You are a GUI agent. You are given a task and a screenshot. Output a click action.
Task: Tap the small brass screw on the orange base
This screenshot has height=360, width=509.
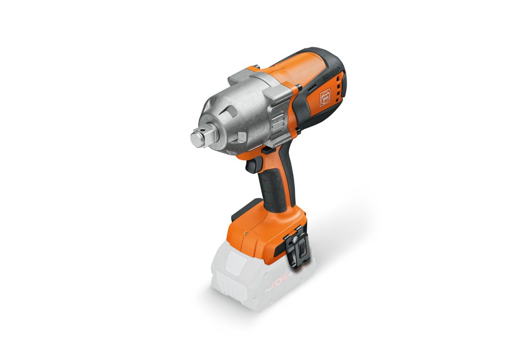246,233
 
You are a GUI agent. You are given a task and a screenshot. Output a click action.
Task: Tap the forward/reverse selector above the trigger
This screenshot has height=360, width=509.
267,150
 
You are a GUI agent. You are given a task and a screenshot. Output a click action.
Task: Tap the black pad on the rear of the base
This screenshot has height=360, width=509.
242,211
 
